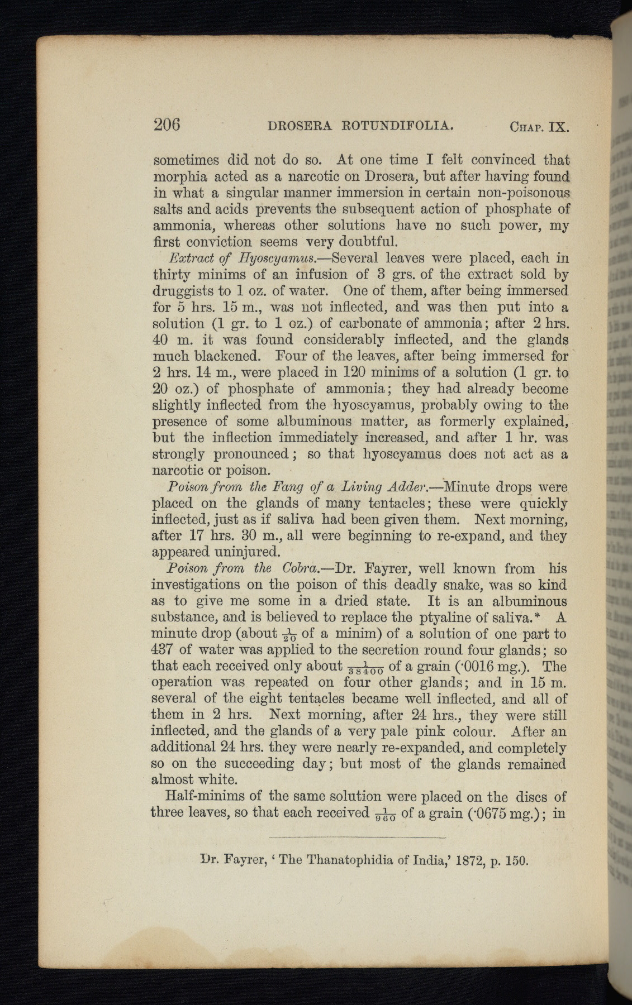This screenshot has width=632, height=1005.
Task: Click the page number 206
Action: coord(167,124)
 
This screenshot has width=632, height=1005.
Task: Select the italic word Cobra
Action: coord(297,569)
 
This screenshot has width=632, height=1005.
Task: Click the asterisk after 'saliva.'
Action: coord(537,616)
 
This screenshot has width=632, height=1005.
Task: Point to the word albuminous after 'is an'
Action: coord(529,601)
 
